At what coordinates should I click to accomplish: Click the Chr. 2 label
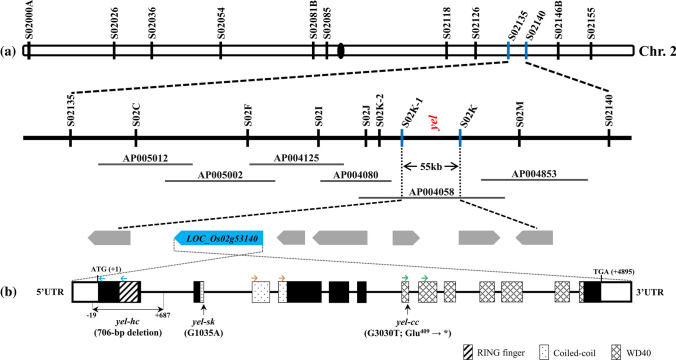655,50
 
